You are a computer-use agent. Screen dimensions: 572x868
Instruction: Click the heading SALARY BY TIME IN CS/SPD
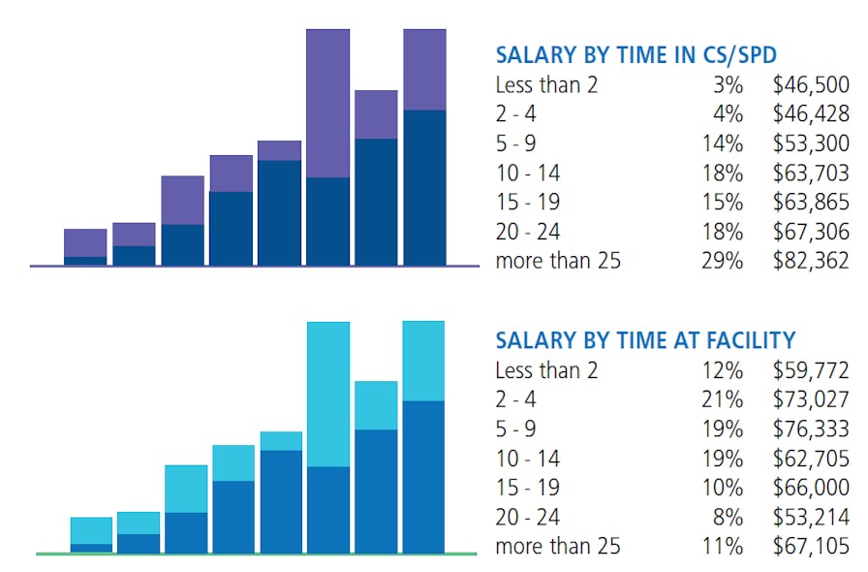tap(635, 54)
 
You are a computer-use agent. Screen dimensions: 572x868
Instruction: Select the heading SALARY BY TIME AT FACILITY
tap(644, 339)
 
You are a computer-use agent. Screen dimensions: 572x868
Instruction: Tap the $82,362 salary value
tap(811, 261)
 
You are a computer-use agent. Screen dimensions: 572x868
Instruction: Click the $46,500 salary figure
tap(811, 84)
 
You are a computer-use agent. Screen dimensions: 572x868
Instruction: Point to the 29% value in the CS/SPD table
tap(723, 261)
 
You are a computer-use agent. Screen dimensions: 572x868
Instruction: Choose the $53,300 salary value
tap(811, 143)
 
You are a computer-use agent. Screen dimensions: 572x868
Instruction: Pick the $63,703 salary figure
tap(811, 174)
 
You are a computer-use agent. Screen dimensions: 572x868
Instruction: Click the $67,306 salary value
tap(811, 232)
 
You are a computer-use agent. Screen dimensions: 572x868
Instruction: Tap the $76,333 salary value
tap(811, 429)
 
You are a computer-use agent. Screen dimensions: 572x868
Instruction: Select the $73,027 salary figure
tap(811, 399)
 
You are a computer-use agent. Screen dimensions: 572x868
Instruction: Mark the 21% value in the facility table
tap(723, 399)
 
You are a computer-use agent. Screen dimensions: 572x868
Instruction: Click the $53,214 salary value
tap(811, 517)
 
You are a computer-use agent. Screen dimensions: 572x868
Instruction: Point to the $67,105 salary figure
tap(811, 546)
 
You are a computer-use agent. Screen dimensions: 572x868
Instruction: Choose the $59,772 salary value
tap(811, 369)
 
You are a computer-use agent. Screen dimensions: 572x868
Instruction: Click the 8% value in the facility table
tap(728, 517)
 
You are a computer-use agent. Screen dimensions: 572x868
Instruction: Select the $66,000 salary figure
tap(811, 487)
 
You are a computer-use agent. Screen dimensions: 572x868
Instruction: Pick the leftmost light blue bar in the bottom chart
tap(91, 530)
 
